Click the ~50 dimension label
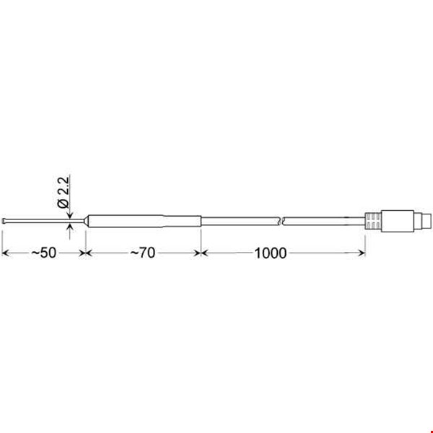click(44, 253)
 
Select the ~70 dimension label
click(143, 253)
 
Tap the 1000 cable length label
click(271, 253)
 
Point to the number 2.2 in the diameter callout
click(64, 186)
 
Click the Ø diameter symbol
click(64, 204)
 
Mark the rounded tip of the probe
click(4, 221)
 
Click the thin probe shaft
click(45, 221)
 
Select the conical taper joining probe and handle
click(87, 221)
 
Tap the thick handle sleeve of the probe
click(145, 222)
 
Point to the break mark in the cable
click(282, 222)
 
